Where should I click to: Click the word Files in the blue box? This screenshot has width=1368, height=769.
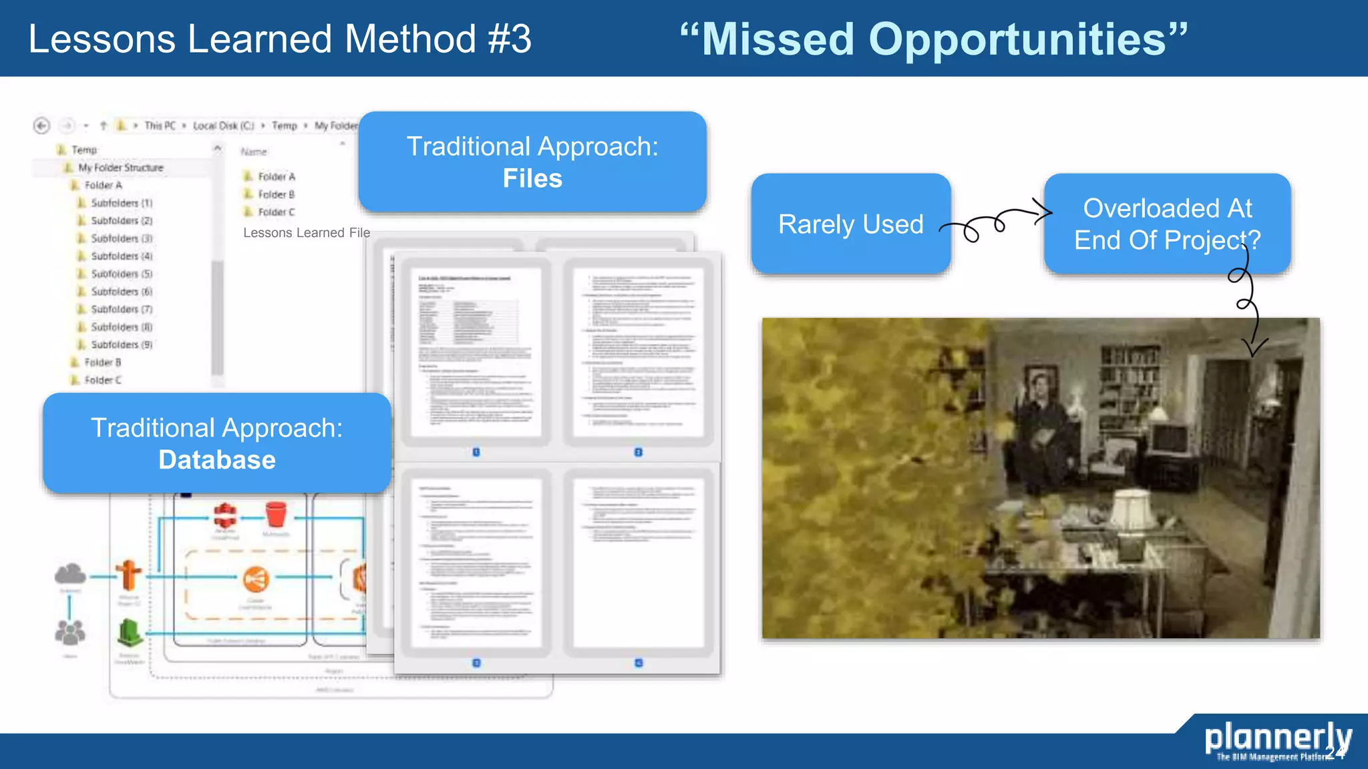[532, 179]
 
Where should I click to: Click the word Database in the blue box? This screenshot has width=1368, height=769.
[217, 460]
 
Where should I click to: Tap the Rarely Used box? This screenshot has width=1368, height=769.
[850, 224]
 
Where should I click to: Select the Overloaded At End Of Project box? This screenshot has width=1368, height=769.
[1167, 224]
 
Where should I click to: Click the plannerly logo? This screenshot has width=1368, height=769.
[1277, 739]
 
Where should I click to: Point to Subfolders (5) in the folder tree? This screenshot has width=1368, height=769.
[121, 274]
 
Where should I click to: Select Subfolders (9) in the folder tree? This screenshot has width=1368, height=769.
[121, 344]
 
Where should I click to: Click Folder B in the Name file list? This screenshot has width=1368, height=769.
[276, 194]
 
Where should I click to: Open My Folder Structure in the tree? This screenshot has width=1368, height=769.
[120, 168]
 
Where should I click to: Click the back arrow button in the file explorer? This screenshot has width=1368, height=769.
[41, 125]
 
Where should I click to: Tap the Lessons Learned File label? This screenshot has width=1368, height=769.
[306, 232]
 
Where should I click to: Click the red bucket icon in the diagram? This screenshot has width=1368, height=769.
[276, 515]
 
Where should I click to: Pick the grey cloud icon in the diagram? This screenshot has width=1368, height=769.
[70, 573]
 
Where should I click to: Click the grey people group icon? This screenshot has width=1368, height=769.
[70, 632]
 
